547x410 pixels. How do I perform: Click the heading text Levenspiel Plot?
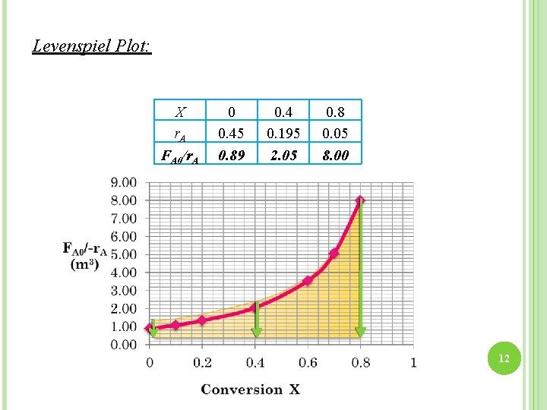[92, 46]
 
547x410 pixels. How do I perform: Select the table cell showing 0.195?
[284, 133]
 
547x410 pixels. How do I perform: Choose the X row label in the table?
[180, 112]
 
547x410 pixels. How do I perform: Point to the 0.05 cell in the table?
[335, 133]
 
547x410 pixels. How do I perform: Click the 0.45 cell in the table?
[232, 133]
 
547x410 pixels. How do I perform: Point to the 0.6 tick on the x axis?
[308, 363]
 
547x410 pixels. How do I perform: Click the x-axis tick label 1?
[413, 363]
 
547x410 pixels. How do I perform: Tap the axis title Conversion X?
[251, 389]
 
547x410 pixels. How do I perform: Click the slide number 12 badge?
[503, 358]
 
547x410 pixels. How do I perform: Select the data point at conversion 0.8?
[360, 200]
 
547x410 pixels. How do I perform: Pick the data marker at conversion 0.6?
[308, 281]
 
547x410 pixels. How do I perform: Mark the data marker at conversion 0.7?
[334, 253]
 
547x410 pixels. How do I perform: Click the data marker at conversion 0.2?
[202, 320]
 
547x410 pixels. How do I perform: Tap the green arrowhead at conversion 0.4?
[256, 332]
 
